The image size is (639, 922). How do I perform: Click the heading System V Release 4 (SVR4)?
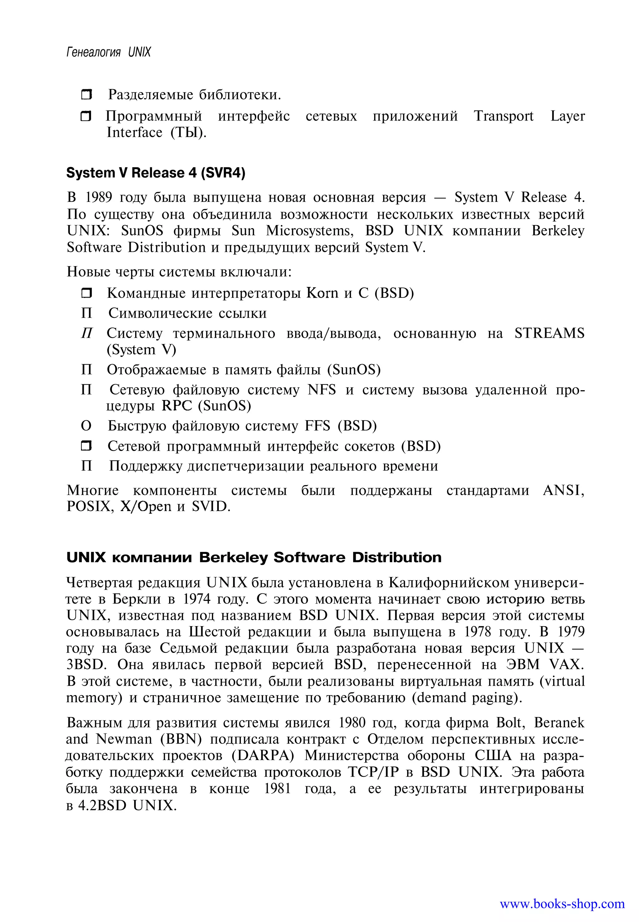coord(156,173)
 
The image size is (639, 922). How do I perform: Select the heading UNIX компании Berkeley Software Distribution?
coord(254,557)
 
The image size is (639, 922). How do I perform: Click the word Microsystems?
coord(310,231)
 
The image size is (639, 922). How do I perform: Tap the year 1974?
coord(196,599)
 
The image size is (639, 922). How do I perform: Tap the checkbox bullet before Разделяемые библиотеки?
coord(86,95)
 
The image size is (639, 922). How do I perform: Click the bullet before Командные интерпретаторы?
coord(86,293)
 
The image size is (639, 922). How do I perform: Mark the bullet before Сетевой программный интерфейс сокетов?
coord(86,446)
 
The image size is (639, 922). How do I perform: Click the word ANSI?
coord(563,490)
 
